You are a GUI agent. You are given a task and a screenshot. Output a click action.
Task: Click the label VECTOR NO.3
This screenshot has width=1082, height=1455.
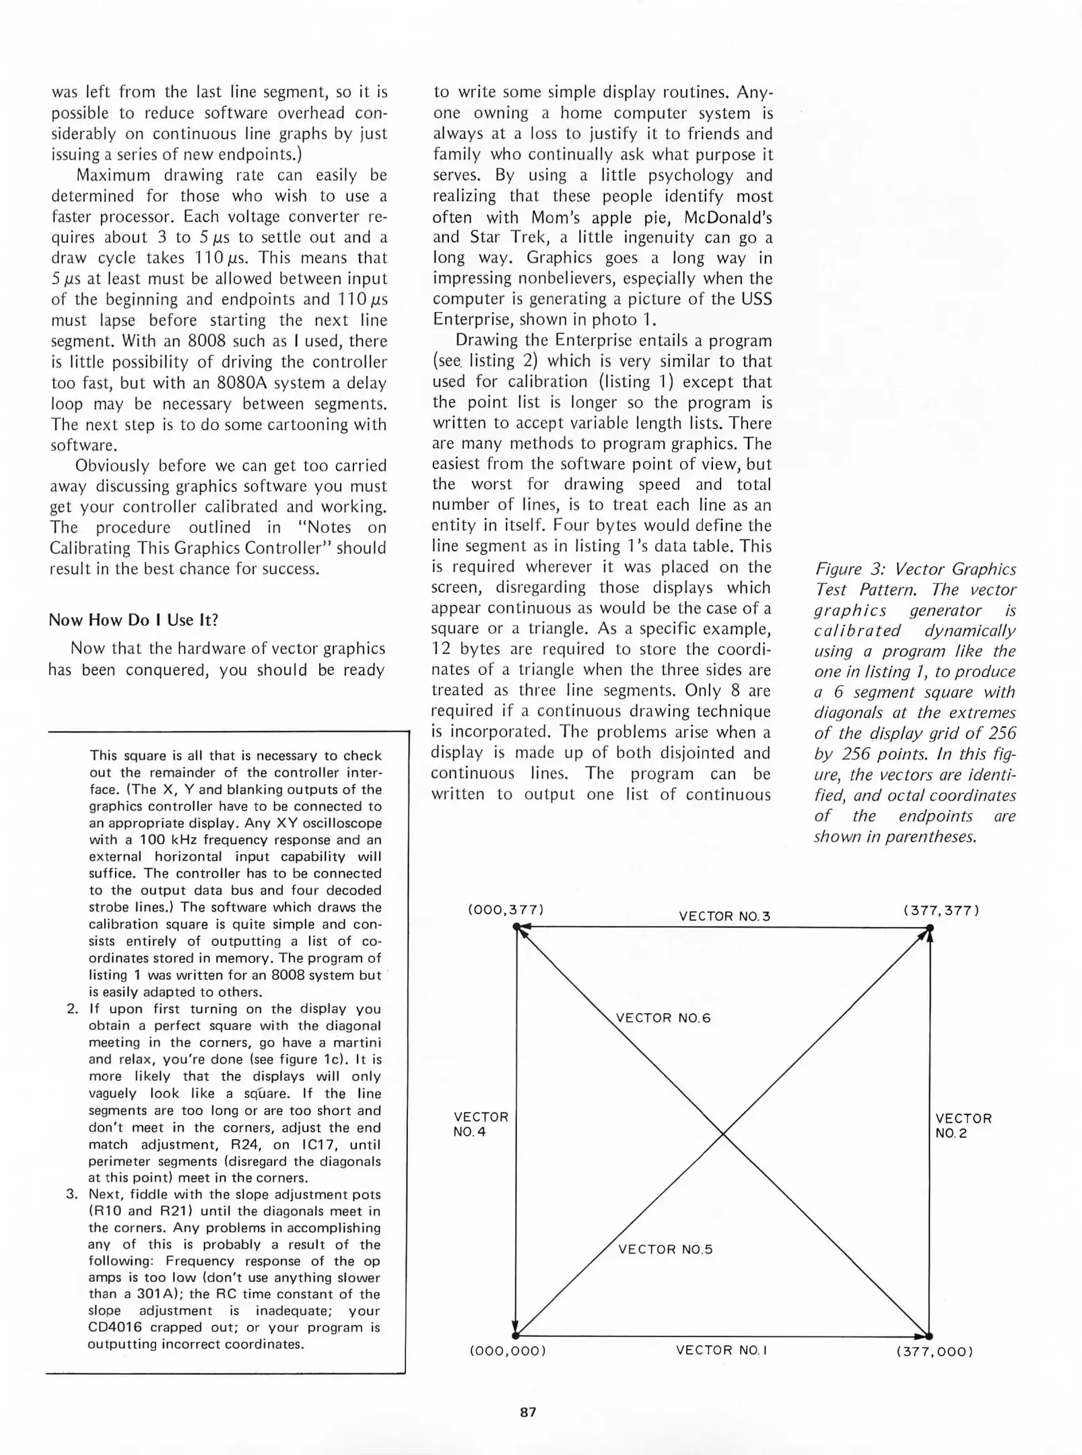click(x=724, y=916)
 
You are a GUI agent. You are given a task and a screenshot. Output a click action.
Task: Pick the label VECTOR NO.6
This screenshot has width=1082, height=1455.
click(x=663, y=1018)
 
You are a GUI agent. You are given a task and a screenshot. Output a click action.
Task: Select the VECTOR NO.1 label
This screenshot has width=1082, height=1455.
click(x=721, y=1350)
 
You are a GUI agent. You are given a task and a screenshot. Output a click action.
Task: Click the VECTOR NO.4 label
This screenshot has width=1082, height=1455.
click(x=481, y=1125)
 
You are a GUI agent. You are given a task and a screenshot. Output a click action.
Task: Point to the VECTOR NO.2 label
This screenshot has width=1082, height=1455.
click(x=963, y=1126)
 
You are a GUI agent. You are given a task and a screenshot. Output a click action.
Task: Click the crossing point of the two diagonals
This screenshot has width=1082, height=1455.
click(x=723, y=1134)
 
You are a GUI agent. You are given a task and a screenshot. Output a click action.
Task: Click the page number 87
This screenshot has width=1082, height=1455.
click(x=529, y=1413)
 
